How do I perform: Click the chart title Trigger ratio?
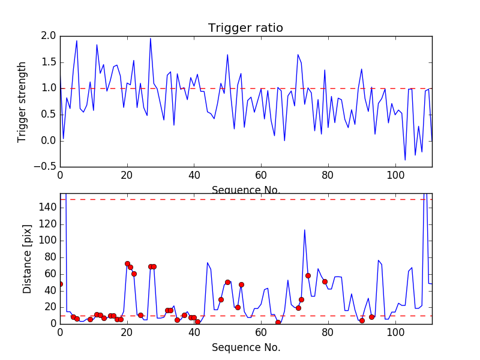[245, 28]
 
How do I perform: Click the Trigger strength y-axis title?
[22, 101]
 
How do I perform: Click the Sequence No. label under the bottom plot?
[246, 347]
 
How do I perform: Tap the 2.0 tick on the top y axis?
[49, 36]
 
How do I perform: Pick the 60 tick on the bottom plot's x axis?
[260, 332]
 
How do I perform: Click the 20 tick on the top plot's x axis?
[127, 175]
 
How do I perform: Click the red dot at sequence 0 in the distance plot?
[60, 284]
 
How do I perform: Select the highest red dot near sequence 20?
[127, 263]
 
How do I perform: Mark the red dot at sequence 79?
[325, 281]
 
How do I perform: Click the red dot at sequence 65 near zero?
[278, 322]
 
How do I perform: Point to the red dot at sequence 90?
[362, 320]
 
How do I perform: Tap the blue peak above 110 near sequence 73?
[305, 230]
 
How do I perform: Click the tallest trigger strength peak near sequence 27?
[151, 38]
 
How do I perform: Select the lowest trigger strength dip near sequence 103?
[405, 160]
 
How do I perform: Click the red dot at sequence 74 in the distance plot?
[308, 275]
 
